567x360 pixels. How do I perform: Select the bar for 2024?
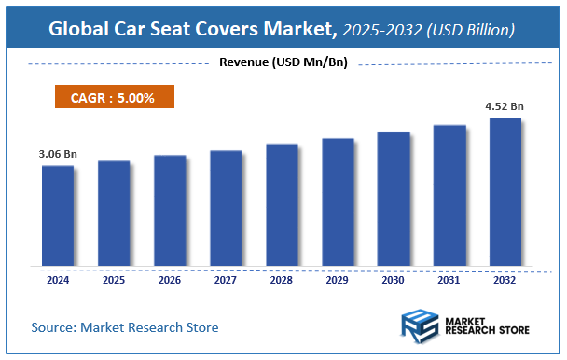click(x=57, y=215)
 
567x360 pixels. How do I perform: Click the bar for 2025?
click(x=114, y=213)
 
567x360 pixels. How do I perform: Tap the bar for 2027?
click(x=226, y=208)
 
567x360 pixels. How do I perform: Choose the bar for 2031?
click(x=449, y=195)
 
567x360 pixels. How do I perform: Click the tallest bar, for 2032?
click(x=505, y=191)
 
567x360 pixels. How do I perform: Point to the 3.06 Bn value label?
click(x=57, y=152)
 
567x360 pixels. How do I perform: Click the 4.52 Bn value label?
click(x=505, y=106)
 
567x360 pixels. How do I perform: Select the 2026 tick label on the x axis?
click(x=170, y=279)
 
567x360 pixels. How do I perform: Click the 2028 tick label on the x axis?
click(x=282, y=279)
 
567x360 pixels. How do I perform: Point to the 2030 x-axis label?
click(x=394, y=279)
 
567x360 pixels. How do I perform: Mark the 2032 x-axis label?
click(x=505, y=279)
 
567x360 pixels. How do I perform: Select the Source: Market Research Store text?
click(x=124, y=327)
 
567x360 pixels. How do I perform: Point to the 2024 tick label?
click(x=57, y=279)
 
